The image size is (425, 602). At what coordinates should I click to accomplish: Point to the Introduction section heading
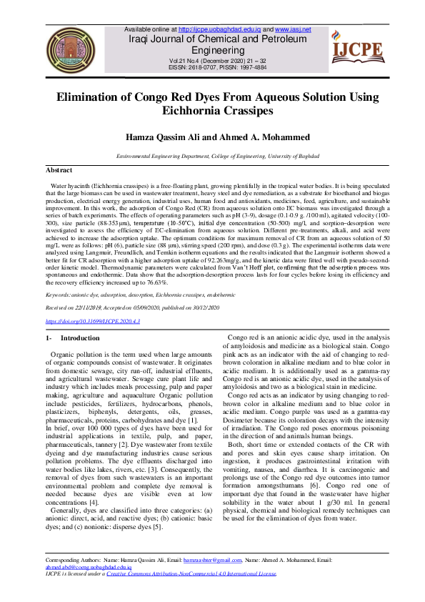pyautogui.click(x=80, y=337)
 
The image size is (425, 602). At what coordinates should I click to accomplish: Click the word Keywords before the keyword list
pyautogui.click(x=59, y=295)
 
